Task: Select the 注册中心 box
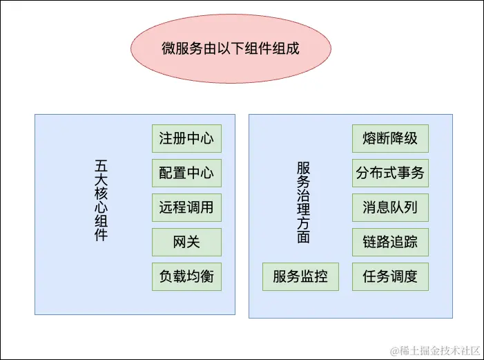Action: point(186,138)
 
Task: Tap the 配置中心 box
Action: point(186,173)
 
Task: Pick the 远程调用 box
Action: point(186,207)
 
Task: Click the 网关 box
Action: point(186,242)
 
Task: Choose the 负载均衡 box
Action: point(186,276)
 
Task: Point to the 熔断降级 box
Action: point(390,138)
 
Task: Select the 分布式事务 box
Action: point(390,173)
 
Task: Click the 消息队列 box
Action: point(390,207)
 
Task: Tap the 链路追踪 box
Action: point(390,242)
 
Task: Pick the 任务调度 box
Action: point(390,276)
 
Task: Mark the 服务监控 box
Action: point(300,276)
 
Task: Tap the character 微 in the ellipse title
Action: point(168,50)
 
